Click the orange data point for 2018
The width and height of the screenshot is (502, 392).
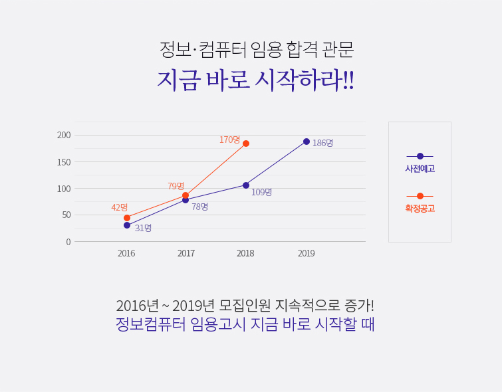tap(246, 144)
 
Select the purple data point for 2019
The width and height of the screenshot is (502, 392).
tap(307, 142)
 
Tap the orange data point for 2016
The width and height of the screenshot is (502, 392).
tap(127, 218)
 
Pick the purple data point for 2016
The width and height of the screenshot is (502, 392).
tap(127, 225)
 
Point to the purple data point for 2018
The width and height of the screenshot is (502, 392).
tap(246, 185)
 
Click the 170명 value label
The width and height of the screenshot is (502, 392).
tap(229, 140)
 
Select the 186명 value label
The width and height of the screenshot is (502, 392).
tap(322, 143)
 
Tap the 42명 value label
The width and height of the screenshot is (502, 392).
tap(120, 207)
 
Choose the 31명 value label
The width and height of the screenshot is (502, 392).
tap(143, 228)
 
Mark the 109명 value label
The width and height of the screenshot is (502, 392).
tap(261, 192)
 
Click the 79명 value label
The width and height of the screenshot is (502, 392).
tap(176, 186)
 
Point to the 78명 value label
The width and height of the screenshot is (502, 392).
tap(199, 207)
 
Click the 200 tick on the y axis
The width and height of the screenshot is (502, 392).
tap(64, 136)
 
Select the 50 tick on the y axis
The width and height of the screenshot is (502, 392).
tap(66, 215)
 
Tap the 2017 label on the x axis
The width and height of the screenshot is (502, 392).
tap(186, 253)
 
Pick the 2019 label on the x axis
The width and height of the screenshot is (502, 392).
tap(307, 253)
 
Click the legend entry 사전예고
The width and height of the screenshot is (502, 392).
tap(420, 169)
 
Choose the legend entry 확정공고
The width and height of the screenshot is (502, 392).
tap(420, 208)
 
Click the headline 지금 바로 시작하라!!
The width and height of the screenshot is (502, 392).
tap(255, 80)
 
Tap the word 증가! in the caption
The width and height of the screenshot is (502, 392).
tap(359, 306)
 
